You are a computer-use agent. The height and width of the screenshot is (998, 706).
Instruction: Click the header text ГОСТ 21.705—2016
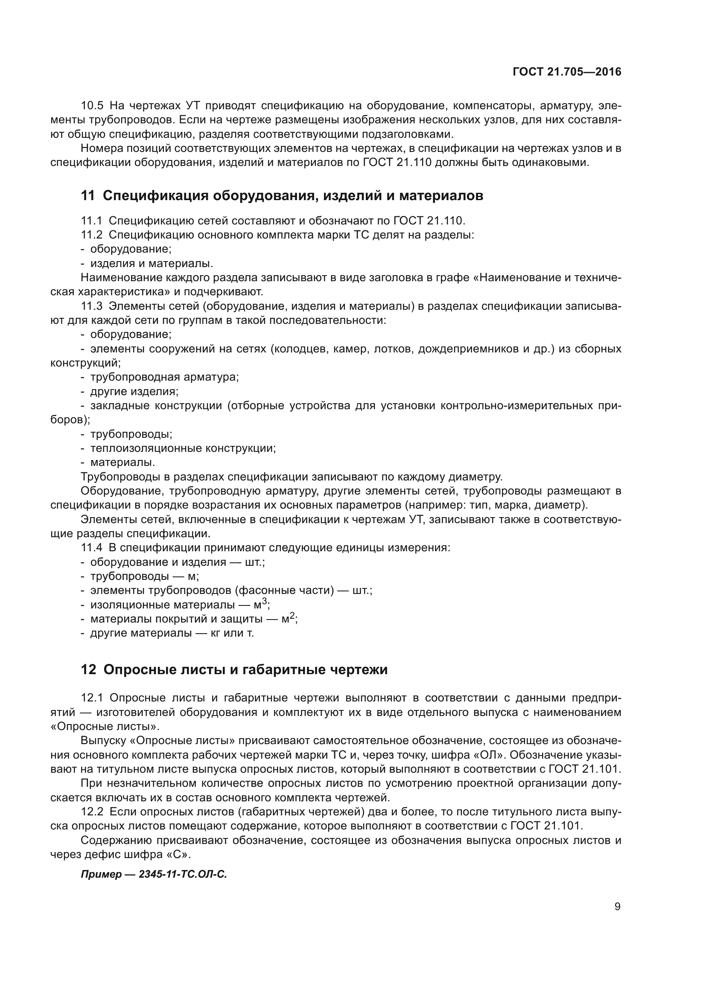566,72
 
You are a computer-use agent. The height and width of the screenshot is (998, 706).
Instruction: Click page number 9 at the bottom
617,906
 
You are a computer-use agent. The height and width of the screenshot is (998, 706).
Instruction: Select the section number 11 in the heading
88,196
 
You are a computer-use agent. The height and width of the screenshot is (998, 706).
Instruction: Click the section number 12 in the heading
88,670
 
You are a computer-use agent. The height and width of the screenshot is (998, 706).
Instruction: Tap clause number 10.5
92,106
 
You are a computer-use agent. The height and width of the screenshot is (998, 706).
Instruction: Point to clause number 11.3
92,306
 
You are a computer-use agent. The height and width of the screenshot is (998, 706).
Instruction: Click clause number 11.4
92,548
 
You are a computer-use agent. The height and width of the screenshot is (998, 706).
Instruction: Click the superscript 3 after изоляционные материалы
265,602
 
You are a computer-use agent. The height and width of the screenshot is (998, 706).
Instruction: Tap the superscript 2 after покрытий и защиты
292,616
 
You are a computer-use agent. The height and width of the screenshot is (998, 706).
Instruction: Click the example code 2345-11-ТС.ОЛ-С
183,874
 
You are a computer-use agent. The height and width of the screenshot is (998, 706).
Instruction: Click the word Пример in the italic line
101,874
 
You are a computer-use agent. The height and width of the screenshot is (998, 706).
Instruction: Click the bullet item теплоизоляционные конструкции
183,448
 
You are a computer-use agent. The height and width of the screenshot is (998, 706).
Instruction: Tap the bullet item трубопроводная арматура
164,377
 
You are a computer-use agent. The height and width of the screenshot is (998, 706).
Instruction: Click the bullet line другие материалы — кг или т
172,633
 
